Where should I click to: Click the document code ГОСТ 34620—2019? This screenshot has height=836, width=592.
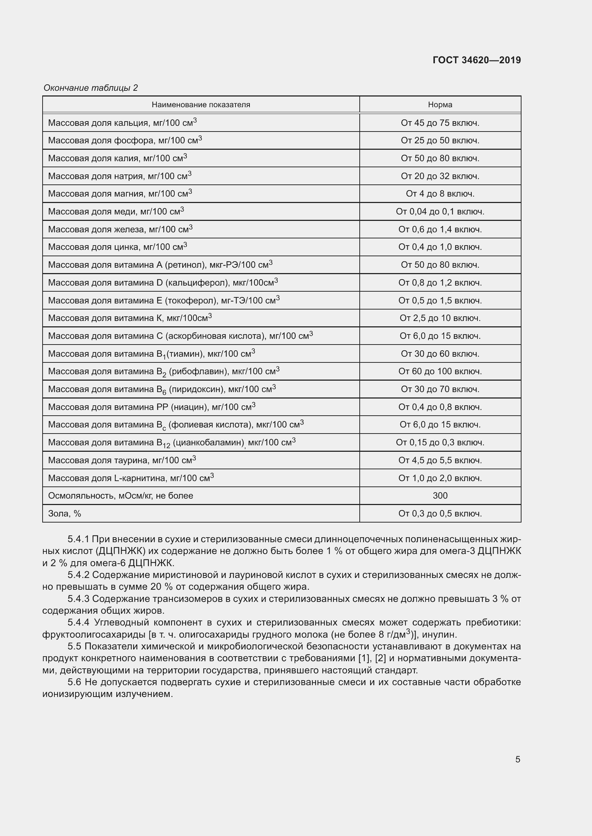(x=476, y=60)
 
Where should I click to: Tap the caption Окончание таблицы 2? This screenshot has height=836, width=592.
(x=91, y=88)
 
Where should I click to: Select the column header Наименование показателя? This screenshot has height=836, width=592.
(x=201, y=105)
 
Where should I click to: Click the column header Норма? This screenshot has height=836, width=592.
(x=440, y=105)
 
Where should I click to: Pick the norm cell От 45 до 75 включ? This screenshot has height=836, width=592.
(x=440, y=123)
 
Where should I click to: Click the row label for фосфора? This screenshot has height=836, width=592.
(x=125, y=140)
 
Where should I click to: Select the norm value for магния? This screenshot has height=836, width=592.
(x=440, y=194)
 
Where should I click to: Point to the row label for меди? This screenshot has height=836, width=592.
(x=116, y=212)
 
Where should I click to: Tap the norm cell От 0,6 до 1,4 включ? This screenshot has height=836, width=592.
(x=440, y=229)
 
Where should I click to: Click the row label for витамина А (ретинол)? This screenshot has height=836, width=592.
(x=160, y=265)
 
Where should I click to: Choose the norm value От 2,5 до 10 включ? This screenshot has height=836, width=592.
(x=440, y=318)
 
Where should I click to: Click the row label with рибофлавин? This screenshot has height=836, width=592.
(x=164, y=372)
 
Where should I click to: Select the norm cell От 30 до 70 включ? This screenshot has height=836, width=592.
(x=440, y=389)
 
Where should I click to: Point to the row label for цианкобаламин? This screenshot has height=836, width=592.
(x=172, y=443)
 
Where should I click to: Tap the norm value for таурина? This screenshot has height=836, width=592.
(x=440, y=460)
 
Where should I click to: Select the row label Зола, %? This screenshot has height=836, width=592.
(x=64, y=513)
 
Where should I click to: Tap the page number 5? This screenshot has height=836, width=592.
(x=518, y=760)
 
